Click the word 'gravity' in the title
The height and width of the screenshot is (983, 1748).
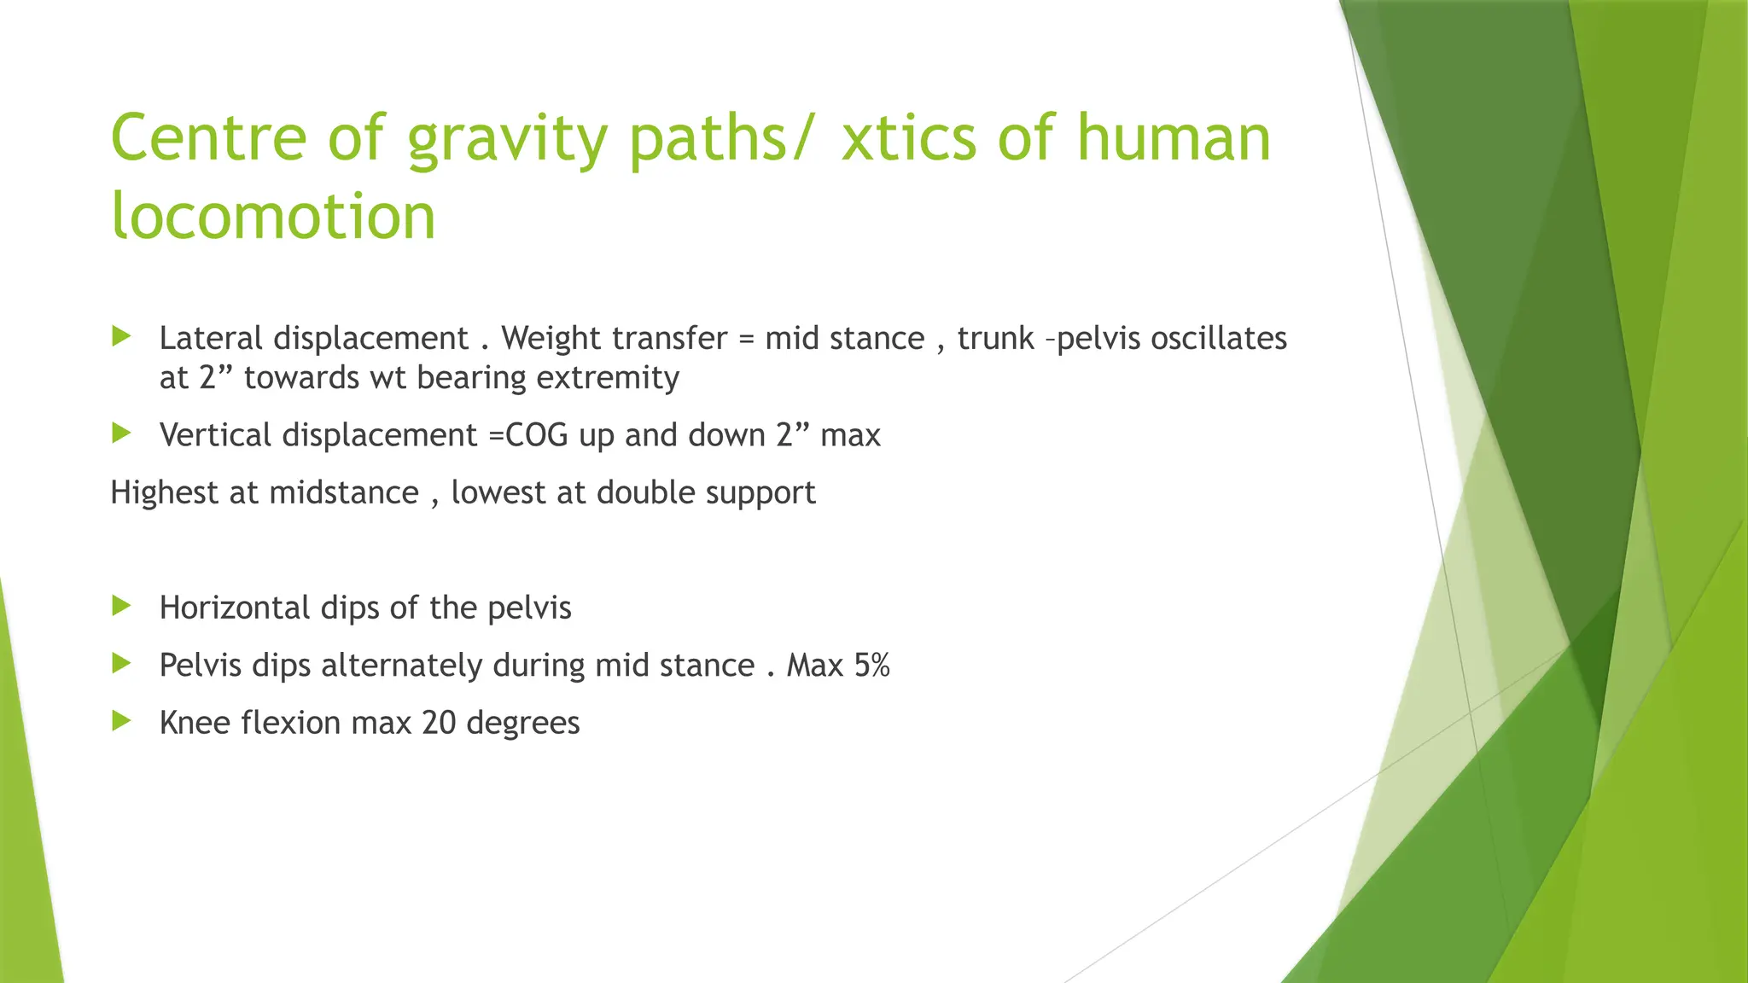(506, 138)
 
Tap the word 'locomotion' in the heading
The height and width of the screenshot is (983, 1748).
(273, 215)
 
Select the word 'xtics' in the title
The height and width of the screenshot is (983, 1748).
(908, 138)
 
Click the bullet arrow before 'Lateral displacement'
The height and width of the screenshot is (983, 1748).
(121, 336)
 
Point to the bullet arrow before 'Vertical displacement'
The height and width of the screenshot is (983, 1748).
(121, 433)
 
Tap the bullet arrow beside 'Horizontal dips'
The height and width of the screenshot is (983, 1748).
(121, 606)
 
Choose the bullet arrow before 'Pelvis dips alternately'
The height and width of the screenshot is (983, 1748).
(121, 663)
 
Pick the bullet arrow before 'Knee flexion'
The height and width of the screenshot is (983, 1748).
(121, 721)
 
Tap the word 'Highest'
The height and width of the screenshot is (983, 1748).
(165, 492)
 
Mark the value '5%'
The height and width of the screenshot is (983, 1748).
(871, 665)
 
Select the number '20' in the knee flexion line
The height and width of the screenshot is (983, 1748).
(439, 723)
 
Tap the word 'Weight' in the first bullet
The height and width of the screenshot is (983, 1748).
(551, 339)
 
